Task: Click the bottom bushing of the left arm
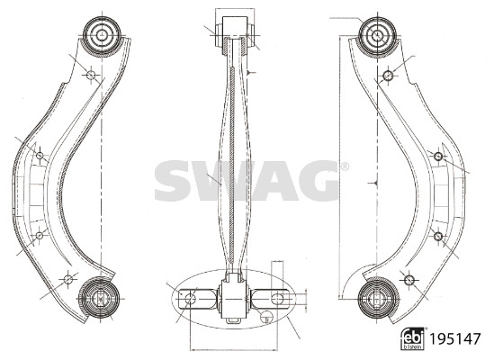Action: tap(98, 296)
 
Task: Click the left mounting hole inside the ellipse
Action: tap(189, 296)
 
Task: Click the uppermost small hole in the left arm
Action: tap(90, 74)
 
